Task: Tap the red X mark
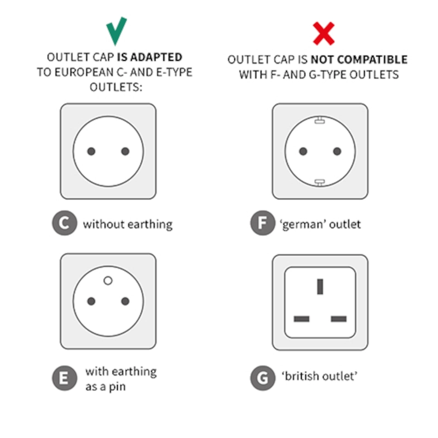pyautogui.click(x=324, y=33)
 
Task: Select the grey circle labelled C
pyautogui.click(x=65, y=223)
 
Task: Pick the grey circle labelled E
pyautogui.click(x=65, y=378)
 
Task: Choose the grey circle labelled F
pyautogui.click(x=263, y=223)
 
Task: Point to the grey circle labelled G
pyautogui.click(x=263, y=378)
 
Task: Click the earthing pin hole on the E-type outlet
pyautogui.click(x=108, y=280)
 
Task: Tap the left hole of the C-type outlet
pyautogui.click(x=91, y=151)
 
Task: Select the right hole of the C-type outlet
pyautogui.click(x=125, y=151)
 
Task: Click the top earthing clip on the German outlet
pyautogui.click(x=320, y=120)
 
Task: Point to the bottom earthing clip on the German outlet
pyautogui.click(x=320, y=182)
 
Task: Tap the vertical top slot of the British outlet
pyautogui.click(x=320, y=286)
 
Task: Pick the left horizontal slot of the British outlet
pyautogui.click(x=302, y=319)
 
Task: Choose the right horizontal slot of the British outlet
pyautogui.click(x=338, y=319)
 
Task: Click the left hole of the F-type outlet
pyautogui.click(x=303, y=151)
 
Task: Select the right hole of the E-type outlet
pyautogui.click(x=125, y=301)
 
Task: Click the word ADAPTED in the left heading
pyautogui.click(x=156, y=57)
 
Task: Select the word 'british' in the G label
pyautogui.click(x=301, y=376)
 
